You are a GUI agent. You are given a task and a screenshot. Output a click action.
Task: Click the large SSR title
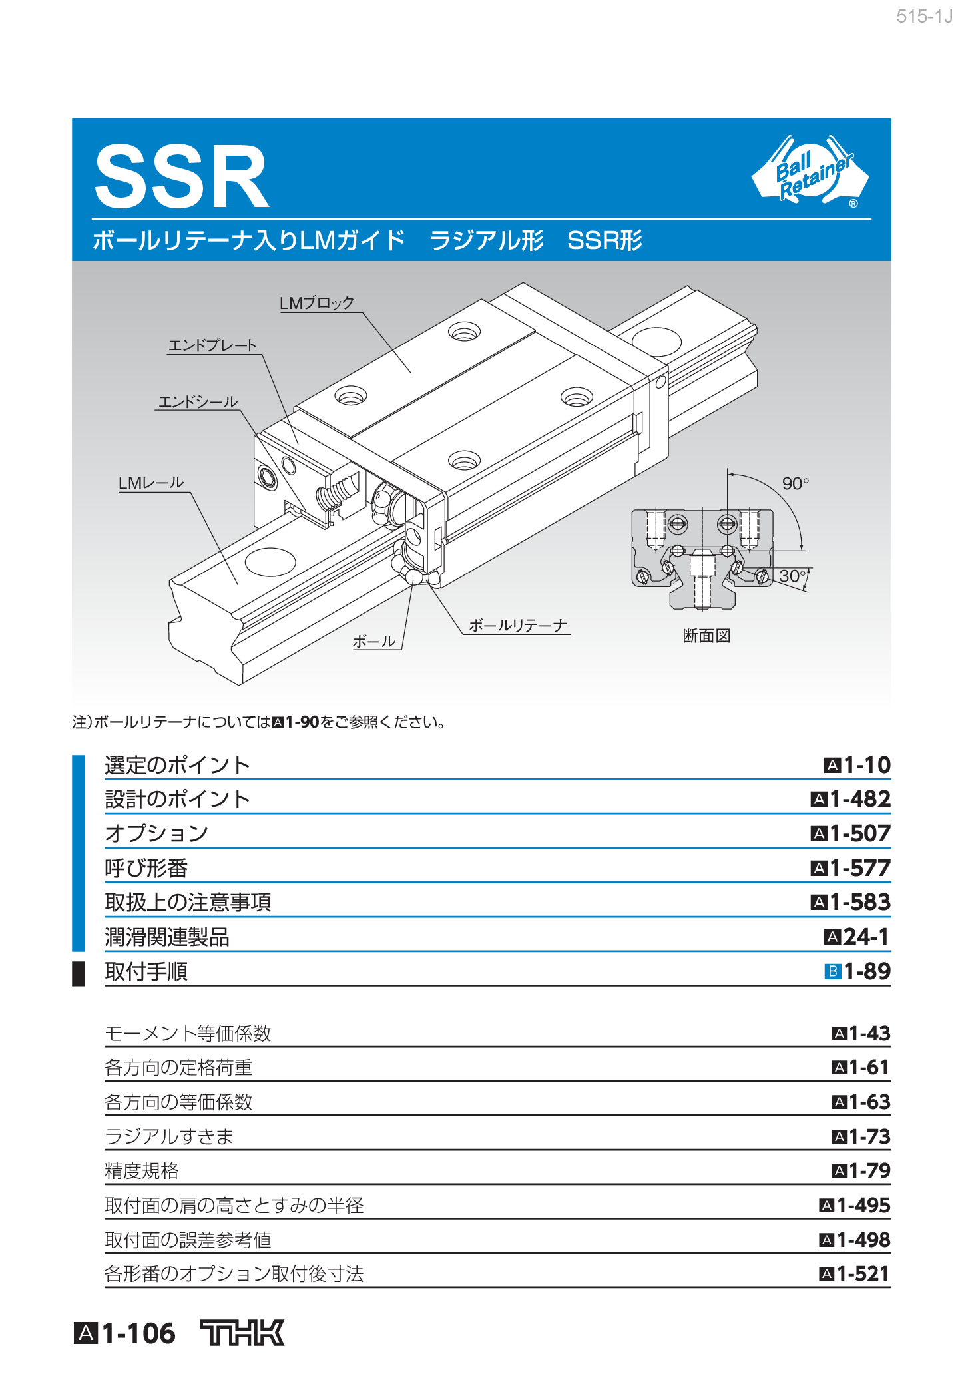pyautogui.click(x=181, y=178)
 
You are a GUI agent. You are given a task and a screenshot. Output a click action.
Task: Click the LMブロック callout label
pyautogui.click(x=316, y=304)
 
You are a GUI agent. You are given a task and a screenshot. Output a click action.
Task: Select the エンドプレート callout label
pyautogui.click(x=212, y=345)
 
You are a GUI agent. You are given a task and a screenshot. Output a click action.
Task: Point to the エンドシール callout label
pyautogui.click(x=198, y=402)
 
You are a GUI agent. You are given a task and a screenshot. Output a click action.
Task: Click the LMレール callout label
pyautogui.click(x=151, y=483)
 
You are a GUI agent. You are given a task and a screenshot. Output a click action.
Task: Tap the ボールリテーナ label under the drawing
pyautogui.click(x=518, y=626)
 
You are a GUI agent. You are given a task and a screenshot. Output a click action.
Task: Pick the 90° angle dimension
pyautogui.click(x=795, y=483)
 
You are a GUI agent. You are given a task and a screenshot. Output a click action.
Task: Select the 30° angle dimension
pyautogui.click(x=792, y=576)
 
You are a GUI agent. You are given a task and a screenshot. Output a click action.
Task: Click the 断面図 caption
pyautogui.click(x=706, y=636)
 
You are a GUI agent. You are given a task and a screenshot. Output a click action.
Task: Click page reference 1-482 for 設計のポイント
pyautogui.click(x=859, y=799)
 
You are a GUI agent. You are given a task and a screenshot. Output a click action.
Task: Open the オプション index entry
pyautogui.click(x=157, y=833)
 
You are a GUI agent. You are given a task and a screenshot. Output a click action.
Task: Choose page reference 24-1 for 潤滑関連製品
pyautogui.click(x=865, y=937)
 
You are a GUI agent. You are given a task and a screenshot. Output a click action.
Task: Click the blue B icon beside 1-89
pyautogui.click(x=832, y=972)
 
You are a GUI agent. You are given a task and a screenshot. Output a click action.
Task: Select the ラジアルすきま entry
pyautogui.click(x=169, y=1136)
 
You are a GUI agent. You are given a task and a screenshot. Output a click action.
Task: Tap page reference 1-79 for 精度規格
pyautogui.click(x=869, y=1170)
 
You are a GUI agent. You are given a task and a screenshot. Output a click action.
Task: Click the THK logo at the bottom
pyautogui.click(x=242, y=1333)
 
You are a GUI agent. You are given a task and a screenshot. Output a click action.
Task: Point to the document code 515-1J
pyautogui.click(x=924, y=17)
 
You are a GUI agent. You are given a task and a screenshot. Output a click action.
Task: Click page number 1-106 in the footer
pyautogui.click(x=138, y=1333)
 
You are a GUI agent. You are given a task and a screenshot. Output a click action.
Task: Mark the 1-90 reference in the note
pyautogui.click(x=302, y=722)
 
